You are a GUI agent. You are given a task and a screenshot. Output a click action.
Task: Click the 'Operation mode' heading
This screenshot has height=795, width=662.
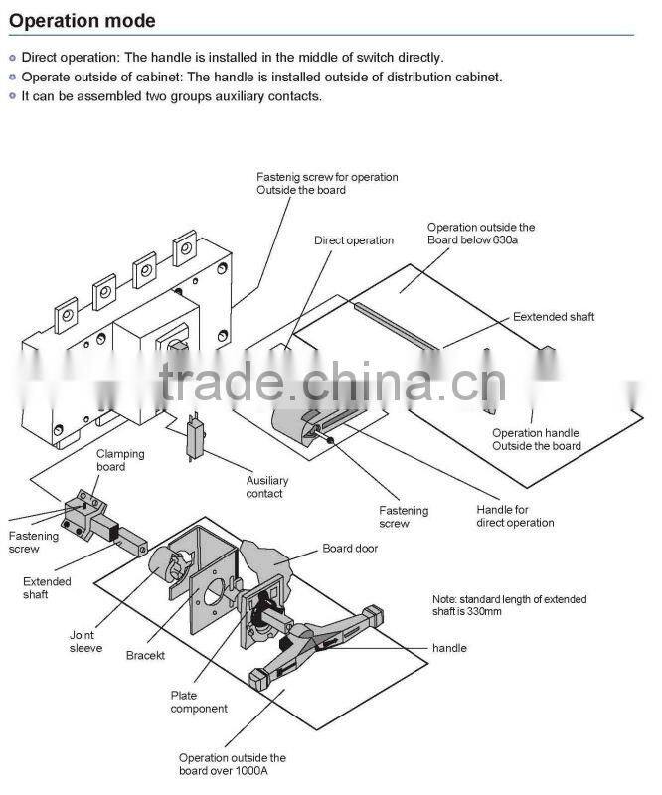click(x=83, y=20)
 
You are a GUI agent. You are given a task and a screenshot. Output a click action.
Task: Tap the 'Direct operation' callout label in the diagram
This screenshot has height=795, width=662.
click(x=354, y=240)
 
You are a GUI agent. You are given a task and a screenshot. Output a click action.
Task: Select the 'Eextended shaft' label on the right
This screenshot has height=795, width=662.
click(x=554, y=317)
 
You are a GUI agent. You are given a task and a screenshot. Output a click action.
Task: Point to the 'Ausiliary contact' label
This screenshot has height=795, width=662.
click(x=264, y=487)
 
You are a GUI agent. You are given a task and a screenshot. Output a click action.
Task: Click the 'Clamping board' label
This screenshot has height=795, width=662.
click(x=120, y=460)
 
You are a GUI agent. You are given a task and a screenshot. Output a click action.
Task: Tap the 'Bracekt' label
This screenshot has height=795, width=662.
click(x=145, y=656)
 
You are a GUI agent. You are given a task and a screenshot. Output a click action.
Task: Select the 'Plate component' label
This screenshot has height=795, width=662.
click(x=199, y=702)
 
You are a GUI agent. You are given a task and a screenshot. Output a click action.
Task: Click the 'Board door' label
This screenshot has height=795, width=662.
click(x=350, y=548)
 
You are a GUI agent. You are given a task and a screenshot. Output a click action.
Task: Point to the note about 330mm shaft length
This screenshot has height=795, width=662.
click(x=509, y=605)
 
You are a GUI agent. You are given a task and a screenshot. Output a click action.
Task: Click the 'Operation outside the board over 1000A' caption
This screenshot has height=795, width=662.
click(x=232, y=763)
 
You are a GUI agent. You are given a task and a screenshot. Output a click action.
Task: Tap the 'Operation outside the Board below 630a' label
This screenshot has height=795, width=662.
click(x=481, y=234)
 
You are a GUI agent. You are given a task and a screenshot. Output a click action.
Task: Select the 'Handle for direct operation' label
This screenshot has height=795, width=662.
click(x=515, y=516)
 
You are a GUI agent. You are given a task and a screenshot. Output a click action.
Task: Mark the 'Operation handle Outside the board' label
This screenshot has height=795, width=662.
click(x=536, y=439)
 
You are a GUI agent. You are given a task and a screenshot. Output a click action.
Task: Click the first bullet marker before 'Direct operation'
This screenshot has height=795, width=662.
click(x=12, y=58)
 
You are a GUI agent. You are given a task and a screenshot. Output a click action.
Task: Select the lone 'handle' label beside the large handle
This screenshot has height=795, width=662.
click(x=449, y=648)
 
